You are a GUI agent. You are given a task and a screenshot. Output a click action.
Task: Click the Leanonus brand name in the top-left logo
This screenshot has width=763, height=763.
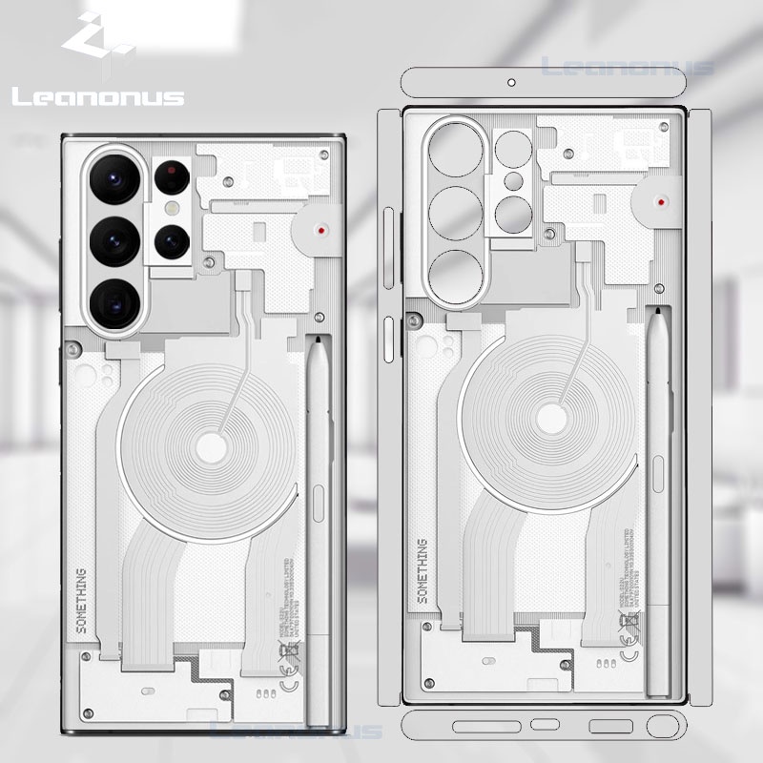pos(98,96)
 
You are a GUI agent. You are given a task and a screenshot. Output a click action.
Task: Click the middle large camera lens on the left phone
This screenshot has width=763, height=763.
pos(116,239)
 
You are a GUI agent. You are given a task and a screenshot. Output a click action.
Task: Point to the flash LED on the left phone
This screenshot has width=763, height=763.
pos(173,207)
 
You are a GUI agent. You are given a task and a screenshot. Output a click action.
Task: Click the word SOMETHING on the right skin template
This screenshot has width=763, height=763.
pos(423,569)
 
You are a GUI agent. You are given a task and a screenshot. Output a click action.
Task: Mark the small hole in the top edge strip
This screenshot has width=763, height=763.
pos(511,83)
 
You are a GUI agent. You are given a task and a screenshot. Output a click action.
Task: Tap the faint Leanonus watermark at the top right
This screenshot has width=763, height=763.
pos(627,67)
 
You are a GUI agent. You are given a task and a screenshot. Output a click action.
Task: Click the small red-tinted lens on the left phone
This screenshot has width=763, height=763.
pos(173,175)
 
